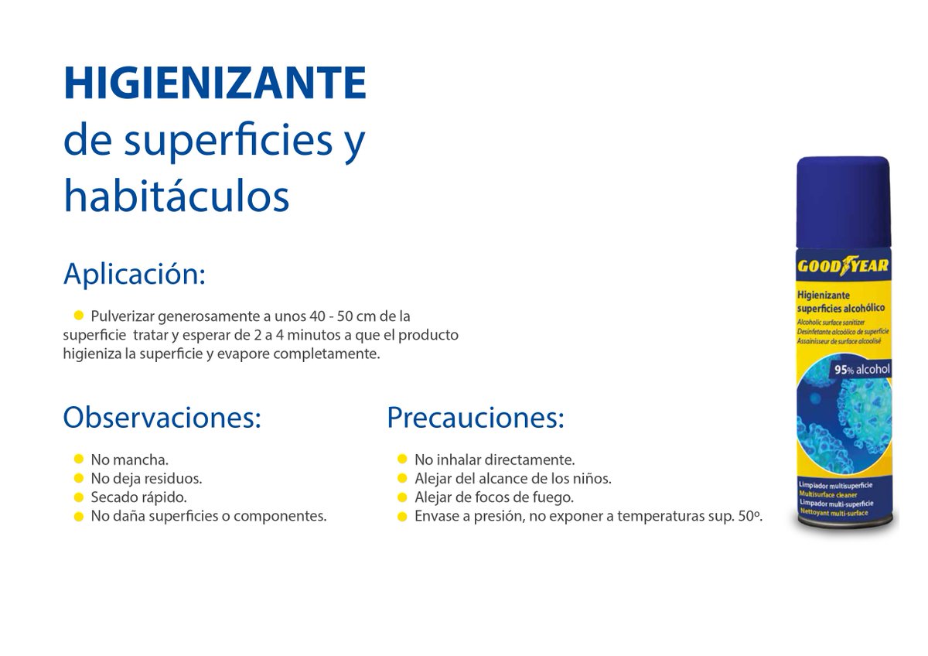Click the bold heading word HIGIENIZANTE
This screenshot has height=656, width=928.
215,83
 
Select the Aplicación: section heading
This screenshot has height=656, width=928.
135,274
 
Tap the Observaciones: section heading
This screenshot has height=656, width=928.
162,418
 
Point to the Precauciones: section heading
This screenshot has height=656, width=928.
475,418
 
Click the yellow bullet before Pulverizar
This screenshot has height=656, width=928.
78,315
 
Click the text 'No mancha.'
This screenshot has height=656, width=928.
129,459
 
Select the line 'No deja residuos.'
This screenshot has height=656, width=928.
146,478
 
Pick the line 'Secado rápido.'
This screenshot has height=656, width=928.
138,497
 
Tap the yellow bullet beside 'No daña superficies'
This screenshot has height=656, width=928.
78,516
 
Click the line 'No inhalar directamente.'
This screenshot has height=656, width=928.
494,459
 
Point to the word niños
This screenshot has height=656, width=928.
593,478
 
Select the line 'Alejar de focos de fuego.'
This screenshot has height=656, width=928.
493,497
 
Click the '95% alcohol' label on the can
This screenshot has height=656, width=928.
861,370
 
